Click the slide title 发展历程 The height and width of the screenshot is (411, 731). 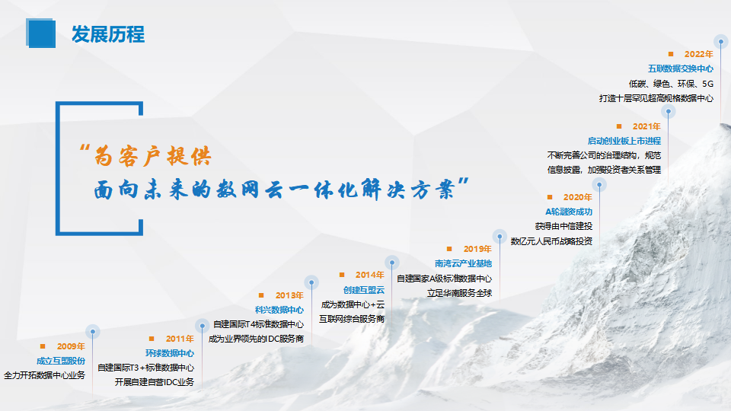pos(108,34)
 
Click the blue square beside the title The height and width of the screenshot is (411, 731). pos(40,33)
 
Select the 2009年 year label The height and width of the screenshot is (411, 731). pos(71,346)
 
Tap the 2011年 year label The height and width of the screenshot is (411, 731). pos(180,339)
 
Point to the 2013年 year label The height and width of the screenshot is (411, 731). pos(289,295)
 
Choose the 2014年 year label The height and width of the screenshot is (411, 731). pos(370,275)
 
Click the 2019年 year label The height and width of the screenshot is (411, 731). pos(477,249)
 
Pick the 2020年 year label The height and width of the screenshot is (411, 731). pos(578,197)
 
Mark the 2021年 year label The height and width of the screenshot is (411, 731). pos(646,126)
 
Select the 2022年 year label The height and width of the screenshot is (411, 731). pos(699,54)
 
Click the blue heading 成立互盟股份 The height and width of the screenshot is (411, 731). pos(61,361)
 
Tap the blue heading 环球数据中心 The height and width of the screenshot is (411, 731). pos(170,353)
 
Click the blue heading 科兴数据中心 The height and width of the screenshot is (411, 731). pos(279,310)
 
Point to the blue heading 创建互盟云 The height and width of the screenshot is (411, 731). pos(364,290)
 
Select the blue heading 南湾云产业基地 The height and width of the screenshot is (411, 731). pos(464,264)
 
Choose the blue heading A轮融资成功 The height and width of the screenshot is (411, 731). pos(569,212)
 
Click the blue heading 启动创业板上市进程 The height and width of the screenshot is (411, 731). pos(624,141)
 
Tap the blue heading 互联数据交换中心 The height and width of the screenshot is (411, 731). pos(681,69)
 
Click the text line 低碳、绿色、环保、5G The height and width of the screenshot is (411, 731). pos(671,84)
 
